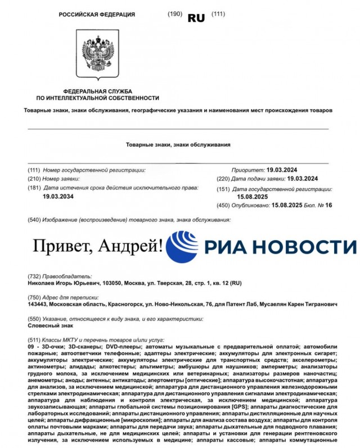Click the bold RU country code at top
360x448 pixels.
tap(196, 17)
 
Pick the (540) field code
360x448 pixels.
tap(34, 219)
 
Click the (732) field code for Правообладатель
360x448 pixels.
tap(34, 277)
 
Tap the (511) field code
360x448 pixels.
tap(34, 340)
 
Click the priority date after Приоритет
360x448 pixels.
tap(286, 169)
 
